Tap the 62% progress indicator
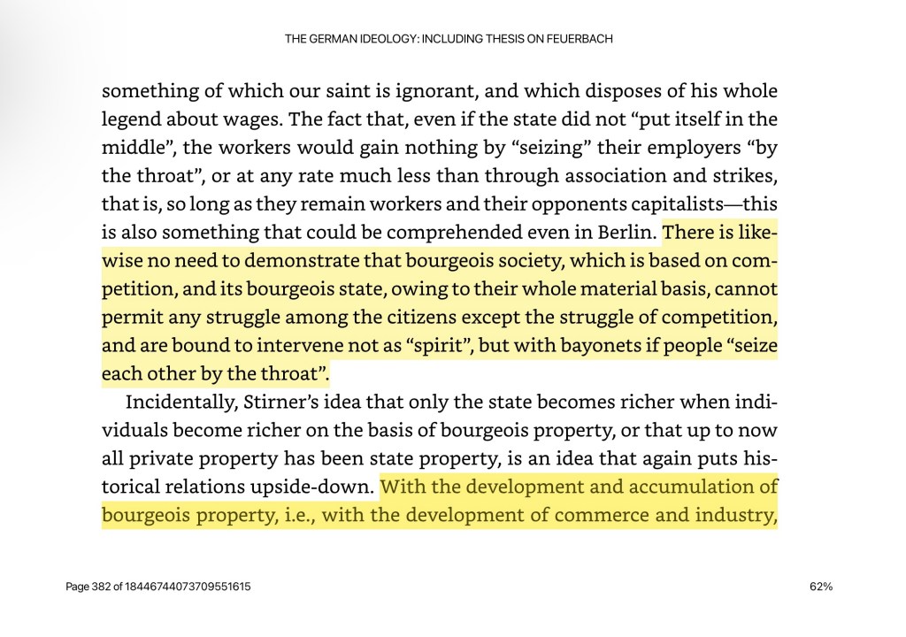click(820, 587)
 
